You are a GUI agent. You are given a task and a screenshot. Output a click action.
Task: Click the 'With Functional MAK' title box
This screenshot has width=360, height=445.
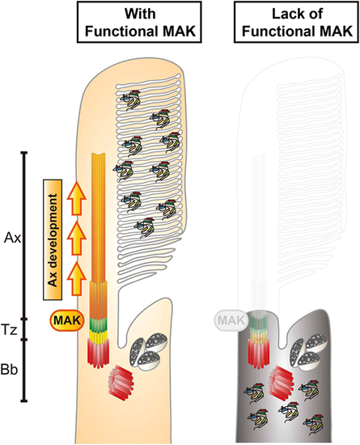(139, 22)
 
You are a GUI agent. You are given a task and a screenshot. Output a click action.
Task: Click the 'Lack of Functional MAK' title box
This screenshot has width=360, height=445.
(297, 22)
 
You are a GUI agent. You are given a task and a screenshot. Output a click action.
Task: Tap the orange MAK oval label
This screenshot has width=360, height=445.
(67, 320)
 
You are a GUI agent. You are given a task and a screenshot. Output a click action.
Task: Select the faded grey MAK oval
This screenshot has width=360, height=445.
(231, 320)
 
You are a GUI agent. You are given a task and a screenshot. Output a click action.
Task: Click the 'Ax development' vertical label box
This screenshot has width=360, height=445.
(53, 239)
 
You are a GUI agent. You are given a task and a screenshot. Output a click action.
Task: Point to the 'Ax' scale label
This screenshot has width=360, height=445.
(12, 238)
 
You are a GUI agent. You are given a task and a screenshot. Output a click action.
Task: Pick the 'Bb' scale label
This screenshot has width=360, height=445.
(9, 370)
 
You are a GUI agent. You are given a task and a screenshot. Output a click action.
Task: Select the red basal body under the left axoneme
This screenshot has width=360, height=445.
(99, 354)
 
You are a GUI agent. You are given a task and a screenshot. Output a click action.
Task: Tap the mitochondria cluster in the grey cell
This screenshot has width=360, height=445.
(307, 352)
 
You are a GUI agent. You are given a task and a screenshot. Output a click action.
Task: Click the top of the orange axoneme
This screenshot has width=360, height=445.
(99, 155)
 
